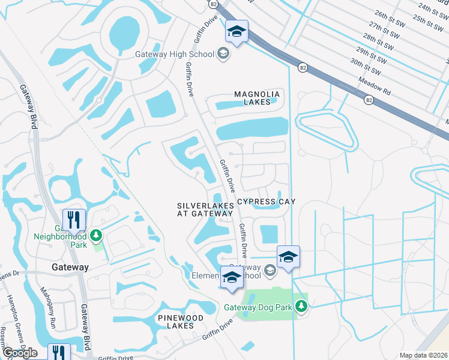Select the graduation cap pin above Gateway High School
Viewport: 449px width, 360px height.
pos(237,31)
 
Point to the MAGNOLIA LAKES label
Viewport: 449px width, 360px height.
pos(257,98)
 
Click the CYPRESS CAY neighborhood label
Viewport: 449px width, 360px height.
pos(266,202)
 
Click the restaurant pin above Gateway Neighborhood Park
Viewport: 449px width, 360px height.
pos(74,220)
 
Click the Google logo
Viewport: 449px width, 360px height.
pos(20,353)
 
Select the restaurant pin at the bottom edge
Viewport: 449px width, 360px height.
pos(58,352)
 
